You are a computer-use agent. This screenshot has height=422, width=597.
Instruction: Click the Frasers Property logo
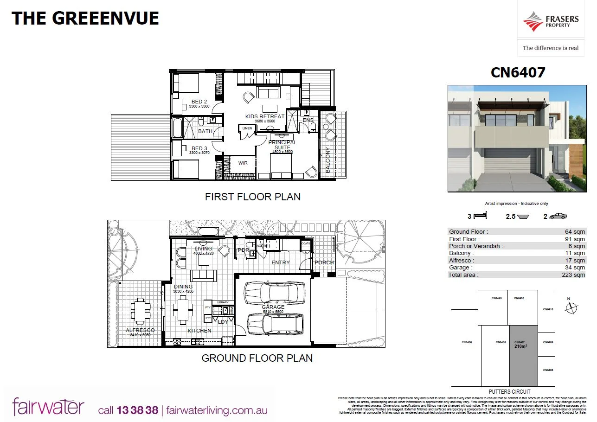(551, 21)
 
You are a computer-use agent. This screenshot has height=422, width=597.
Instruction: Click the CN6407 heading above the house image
(518, 72)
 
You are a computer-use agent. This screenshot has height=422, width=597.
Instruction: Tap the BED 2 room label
(199, 102)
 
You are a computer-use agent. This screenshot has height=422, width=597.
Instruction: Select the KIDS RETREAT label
(265, 116)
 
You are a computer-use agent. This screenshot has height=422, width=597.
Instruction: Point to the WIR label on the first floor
(243, 163)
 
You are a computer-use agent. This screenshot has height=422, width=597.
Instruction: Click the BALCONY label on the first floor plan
(328, 160)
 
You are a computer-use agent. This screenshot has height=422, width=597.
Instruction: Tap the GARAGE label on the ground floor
(273, 307)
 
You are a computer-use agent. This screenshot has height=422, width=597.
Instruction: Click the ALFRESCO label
(140, 330)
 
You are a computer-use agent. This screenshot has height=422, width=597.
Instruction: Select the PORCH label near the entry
(324, 262)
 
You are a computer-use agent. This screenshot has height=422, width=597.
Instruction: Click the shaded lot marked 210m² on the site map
(524, 355)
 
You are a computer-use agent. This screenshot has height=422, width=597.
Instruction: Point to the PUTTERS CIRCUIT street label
(509, 392)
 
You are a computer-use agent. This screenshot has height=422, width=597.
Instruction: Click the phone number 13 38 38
(138, 410)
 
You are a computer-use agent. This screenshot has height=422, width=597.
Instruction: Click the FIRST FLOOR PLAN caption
(252, 197)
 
